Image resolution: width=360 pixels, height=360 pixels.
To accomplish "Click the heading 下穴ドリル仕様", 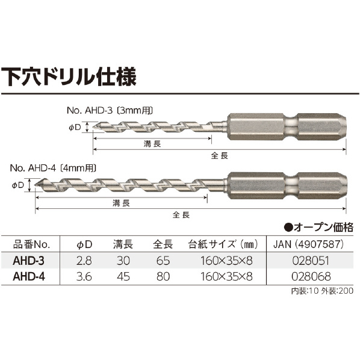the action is click(69, 76).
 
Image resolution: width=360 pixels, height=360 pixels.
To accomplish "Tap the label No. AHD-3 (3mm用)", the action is click(110, 111).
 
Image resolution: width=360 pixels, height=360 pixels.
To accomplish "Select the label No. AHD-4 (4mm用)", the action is click(53, 169).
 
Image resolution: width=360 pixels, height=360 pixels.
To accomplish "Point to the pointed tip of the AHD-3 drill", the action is click(93, 127).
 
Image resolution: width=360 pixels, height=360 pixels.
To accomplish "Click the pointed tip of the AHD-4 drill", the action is click(35, 185).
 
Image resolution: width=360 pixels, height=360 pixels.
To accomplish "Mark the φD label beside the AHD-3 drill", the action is click(75, 128).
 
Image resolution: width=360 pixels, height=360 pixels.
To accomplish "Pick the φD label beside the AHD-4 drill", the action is click(17, 185).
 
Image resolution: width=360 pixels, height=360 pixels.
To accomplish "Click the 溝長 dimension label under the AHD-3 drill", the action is click(152, 144).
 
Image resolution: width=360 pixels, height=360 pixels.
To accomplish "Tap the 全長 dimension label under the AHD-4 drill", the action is click(181, 215).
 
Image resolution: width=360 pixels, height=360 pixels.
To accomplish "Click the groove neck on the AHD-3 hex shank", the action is click(291, 126).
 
